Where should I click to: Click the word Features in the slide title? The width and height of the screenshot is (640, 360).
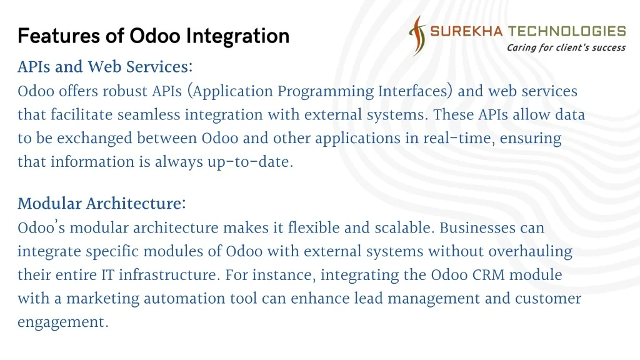(x=59, y=36)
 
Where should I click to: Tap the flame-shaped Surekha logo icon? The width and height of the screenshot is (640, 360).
(x=417, y=36)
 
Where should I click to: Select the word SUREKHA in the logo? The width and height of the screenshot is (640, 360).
(x=466, y=31)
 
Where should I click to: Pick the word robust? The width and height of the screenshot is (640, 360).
(x=124, y=91)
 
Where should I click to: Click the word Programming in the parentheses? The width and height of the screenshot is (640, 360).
(x=326, y=91)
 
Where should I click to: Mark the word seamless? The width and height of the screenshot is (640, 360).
(x=149, y=115)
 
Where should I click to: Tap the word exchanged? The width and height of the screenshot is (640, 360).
(x=94, y=139)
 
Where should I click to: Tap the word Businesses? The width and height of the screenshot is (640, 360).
(x=477, y=227)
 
